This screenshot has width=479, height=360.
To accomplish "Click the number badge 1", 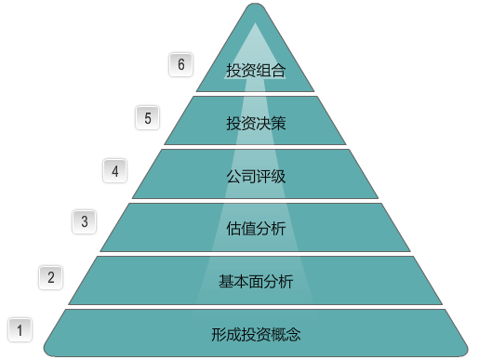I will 20,328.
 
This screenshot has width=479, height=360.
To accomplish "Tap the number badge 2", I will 51,276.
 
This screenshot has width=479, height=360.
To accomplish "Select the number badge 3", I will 84,221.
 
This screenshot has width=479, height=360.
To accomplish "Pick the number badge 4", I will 114,170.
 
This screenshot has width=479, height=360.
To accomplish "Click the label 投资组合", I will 256,70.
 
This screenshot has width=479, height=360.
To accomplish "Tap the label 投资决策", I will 256,123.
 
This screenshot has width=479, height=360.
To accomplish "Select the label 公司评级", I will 256,176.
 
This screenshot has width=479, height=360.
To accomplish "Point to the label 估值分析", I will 256,228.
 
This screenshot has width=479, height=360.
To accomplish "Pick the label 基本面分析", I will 256,281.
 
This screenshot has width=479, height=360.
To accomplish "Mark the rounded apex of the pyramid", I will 256,7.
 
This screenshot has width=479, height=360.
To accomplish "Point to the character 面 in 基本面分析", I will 256,281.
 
